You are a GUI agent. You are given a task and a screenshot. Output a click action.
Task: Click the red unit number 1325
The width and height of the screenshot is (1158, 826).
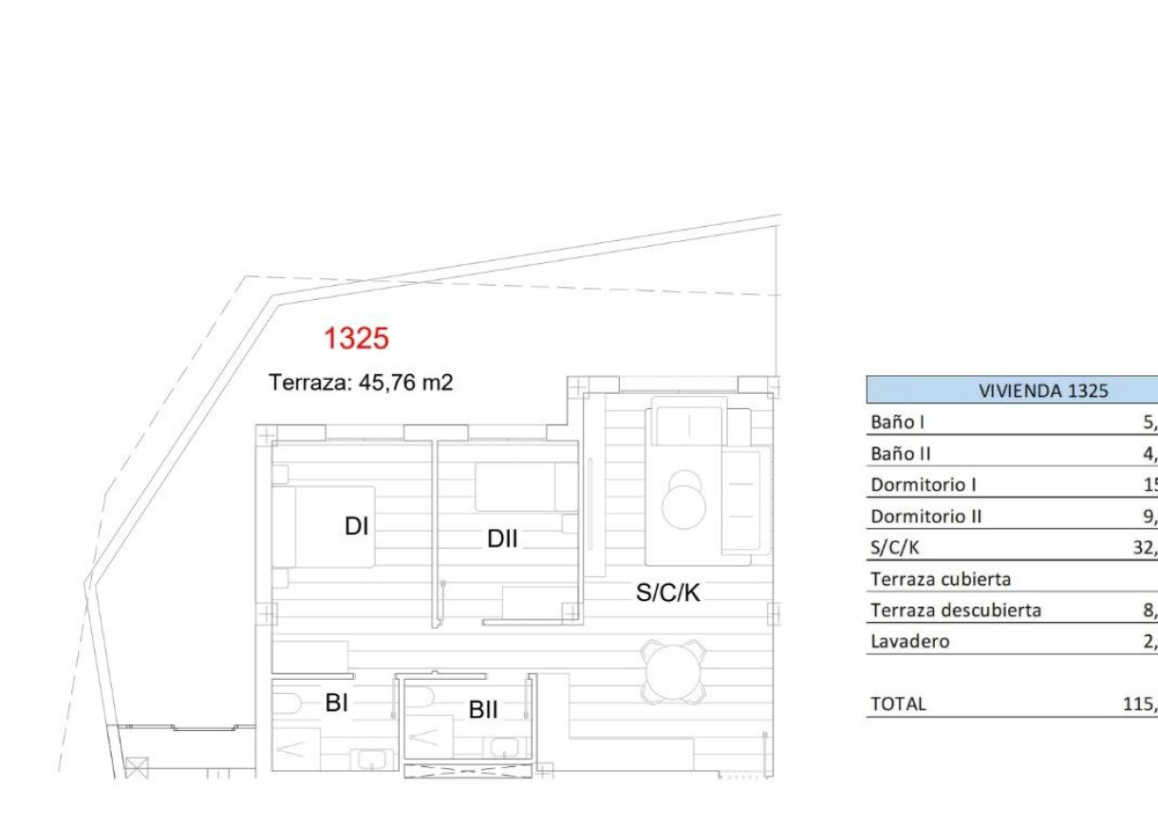[x=356, y=338]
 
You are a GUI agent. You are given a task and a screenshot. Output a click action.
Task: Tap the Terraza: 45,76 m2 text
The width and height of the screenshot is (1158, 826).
[x=361, y=383]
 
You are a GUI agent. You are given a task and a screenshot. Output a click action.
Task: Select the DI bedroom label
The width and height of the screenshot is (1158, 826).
[x=356, y=526]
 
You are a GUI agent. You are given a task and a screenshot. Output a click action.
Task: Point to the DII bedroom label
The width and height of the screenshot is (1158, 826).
[x=502, y=539]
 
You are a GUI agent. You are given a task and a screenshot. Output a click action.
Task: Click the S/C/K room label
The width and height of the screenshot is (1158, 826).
[x=668, y=593]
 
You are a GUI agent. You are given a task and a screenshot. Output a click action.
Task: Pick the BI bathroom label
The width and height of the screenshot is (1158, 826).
[x=337, y=704]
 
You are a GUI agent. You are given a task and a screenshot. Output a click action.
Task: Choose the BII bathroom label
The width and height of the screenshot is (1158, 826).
[x=483, y=709]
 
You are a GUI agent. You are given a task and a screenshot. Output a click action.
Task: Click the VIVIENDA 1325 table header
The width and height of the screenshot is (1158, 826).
[x=1044, y=390]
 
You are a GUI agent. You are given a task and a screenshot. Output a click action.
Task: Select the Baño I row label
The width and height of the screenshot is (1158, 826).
[x=897, y=422]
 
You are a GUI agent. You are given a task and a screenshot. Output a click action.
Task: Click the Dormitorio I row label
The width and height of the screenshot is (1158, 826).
[x=924, y=485]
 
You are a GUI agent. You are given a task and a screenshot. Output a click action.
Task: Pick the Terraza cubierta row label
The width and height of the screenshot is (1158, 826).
[x=941, y=578]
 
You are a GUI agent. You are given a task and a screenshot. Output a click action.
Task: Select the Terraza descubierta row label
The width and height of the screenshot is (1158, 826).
[x=955, y=610]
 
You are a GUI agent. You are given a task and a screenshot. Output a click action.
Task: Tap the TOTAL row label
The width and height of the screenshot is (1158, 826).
[x=897, y=704]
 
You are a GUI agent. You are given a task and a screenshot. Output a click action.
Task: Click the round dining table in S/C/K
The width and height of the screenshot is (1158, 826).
[x=673, y=670]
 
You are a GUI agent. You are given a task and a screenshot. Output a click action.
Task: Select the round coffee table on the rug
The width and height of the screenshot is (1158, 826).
[x=684, y=503]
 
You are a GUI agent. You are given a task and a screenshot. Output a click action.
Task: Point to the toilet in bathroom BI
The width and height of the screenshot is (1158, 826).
[x=287, y=704]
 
